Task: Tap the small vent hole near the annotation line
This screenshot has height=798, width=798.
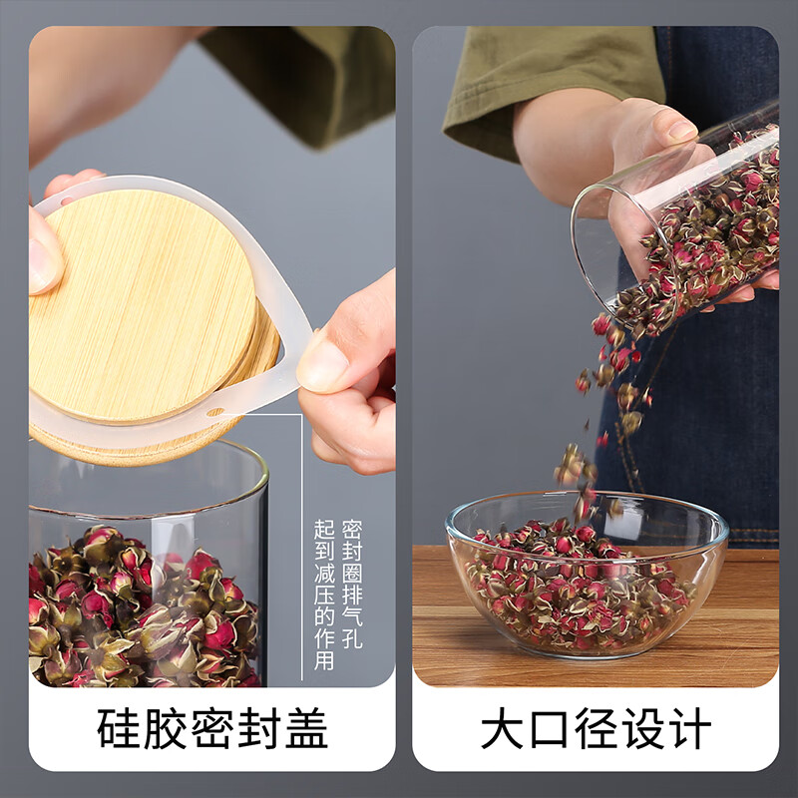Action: coord(216,412)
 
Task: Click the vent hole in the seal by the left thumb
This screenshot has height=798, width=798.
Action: coord(66,199)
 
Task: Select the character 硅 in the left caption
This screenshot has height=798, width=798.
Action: coord(118,728)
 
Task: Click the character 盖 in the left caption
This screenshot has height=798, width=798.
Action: coord(306,728)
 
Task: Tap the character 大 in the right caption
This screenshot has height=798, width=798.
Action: coord(502,728)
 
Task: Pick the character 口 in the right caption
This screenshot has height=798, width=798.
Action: coord(549,728)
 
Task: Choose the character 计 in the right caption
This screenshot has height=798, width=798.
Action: coord(690,728)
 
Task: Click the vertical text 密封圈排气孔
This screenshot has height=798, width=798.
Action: coord(352,584)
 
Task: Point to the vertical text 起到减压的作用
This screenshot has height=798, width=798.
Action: coord(324,595)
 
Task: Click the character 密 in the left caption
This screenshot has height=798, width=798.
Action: coord(212,728)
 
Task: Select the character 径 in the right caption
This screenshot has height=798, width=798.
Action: coord(596,728)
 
